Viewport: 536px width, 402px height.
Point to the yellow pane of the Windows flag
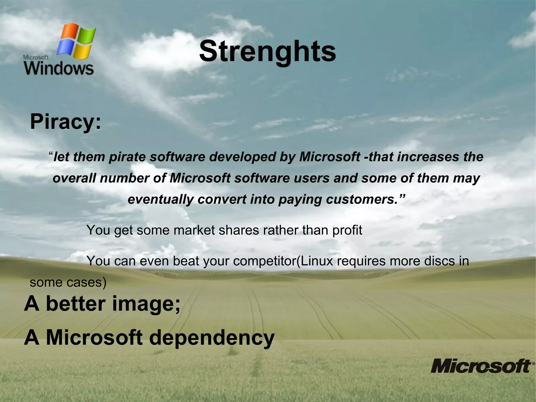coord(83,52)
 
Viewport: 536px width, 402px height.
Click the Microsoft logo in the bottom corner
coord(481,366)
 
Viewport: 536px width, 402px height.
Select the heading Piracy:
coord(65,122)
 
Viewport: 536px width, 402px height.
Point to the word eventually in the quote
coord(160,199)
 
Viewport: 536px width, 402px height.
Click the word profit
coord(347,230)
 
